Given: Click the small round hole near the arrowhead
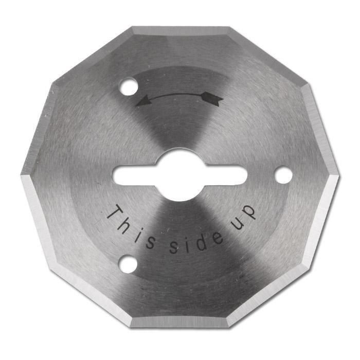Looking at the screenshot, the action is click(129, 87).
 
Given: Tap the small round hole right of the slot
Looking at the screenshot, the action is click(283, 175).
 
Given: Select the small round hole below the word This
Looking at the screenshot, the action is click(128, 264).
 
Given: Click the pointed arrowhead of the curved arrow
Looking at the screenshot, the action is click(143, 101).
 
